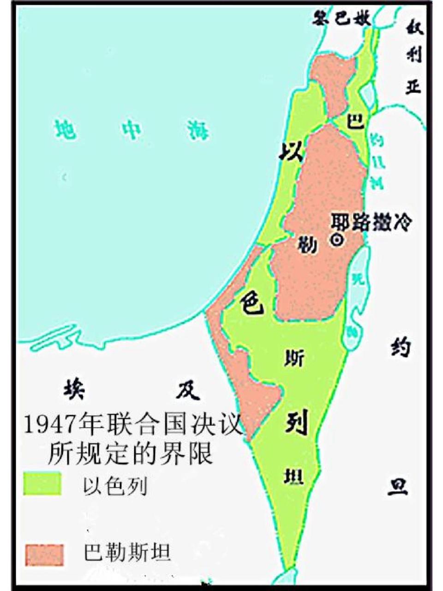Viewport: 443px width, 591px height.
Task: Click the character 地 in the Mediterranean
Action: tap(64, 128)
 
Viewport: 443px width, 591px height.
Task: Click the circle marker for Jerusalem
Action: tap(337, 239)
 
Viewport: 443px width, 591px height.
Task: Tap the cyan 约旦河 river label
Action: tap(377, 162)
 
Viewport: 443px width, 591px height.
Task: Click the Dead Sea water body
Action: tap(357, 295)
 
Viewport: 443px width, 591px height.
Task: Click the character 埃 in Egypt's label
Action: tap(74, 388)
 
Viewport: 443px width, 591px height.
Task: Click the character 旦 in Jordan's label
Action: tap(397, 487)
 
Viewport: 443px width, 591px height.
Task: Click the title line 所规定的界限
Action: tap(131, 453)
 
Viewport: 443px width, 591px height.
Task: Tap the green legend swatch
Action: tap(43, 483)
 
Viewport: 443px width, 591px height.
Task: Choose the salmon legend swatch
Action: tap(44, 555)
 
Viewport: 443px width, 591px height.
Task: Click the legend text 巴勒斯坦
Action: tap(127, 553)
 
